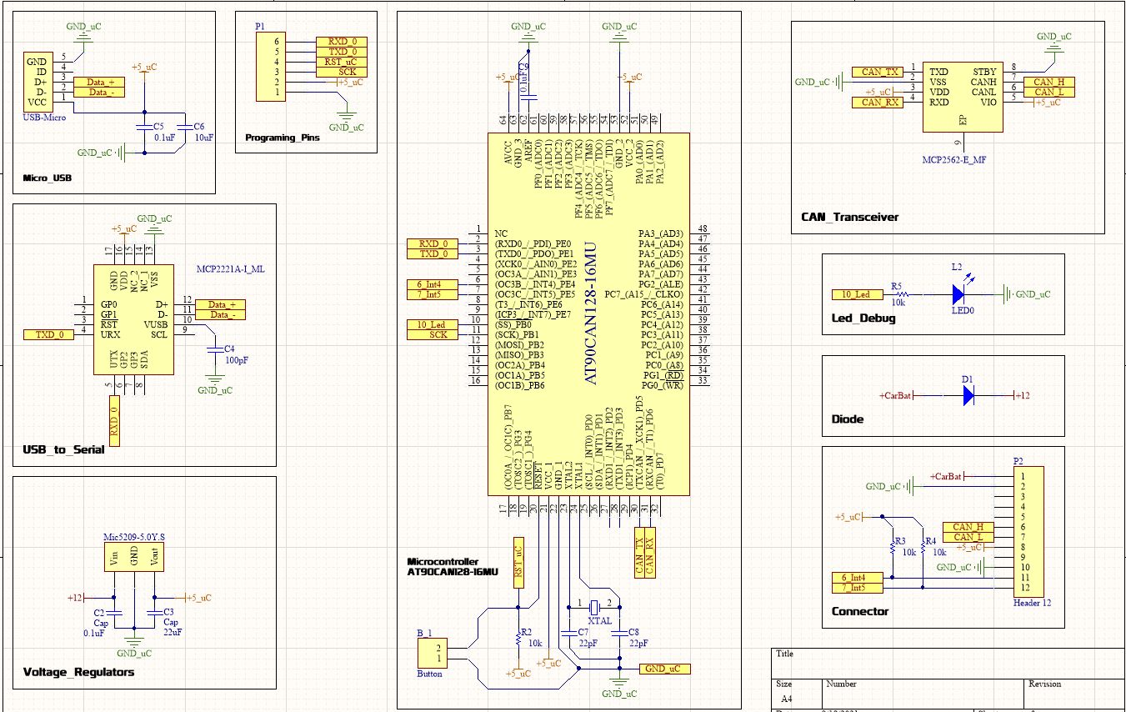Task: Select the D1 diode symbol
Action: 968,395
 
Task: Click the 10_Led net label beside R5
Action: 856,294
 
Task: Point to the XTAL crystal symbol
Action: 595,606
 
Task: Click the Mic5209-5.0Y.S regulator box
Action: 133,558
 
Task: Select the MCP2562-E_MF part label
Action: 954,158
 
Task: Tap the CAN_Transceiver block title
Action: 848,217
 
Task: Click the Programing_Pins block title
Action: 283,138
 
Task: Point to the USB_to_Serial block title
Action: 64,449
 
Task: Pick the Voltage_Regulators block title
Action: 78,672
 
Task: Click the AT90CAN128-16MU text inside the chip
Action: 590,312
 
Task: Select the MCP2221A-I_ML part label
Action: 230,269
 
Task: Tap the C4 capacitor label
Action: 229,348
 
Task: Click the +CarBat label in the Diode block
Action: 896,395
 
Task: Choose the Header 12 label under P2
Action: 1033,603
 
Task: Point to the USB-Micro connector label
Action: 45,118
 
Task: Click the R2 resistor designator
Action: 525,632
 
